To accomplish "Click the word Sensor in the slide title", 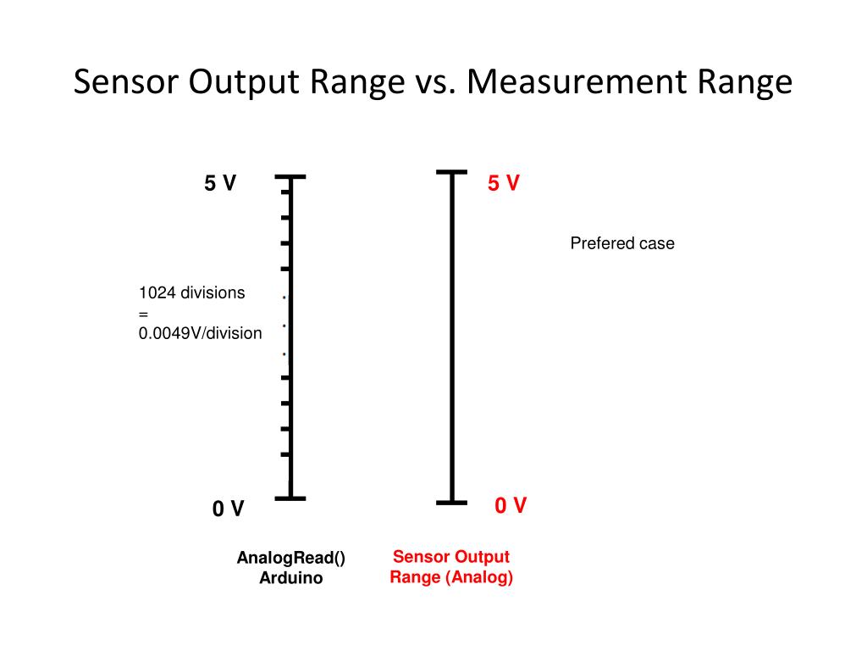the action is [x=126, y=82].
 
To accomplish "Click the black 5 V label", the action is [x=220, y=183].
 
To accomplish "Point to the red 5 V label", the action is [x=503, y=183].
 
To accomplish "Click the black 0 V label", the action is [x=228, y=509].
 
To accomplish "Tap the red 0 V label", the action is [x=511, y=506].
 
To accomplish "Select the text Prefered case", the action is [x=622, y=244].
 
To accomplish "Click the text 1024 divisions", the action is [x=192, y=293].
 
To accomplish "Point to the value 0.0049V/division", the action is [x=201, y=333].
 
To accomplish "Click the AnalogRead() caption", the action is [x=291, y=558].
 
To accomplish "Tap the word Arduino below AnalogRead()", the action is [x=291, y=579].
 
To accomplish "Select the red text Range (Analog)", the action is [x=451, y=578].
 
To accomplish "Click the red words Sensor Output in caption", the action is [x=451, y=557].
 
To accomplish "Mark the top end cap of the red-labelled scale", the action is [x=451, y=172].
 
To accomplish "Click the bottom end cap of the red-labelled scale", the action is [x=451, y=502].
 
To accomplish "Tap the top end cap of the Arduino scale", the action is [x=290, y=177].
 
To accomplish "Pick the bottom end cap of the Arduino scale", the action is [x=290, y=498].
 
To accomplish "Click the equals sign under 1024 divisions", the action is [x=144, y=314].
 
